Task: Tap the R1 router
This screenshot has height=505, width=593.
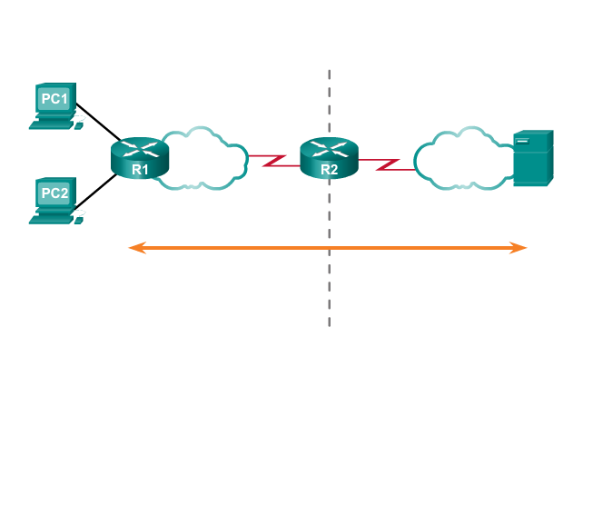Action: coord(140,158)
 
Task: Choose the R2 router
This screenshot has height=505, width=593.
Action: coord(329,158)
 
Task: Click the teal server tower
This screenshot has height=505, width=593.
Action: coord(532,159)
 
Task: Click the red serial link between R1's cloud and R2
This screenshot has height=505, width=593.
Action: coord(270,161)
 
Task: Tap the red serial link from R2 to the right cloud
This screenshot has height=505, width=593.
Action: coord(386,163)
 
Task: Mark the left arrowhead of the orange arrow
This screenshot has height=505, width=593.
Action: coord(134,247)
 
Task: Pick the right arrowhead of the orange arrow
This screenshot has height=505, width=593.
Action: coord(521,247)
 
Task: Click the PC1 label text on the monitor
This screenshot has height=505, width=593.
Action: coord(54,98)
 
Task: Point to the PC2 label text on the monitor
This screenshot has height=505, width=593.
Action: coord(54,193)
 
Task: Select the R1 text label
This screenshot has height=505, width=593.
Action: coord(139,168)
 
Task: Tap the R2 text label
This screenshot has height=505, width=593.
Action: coord(328,168)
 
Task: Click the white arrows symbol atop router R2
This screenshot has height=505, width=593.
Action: coord(329,147)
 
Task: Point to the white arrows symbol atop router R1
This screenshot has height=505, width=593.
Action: coord(140,147)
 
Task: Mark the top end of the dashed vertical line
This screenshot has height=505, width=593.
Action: coord(329,71)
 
